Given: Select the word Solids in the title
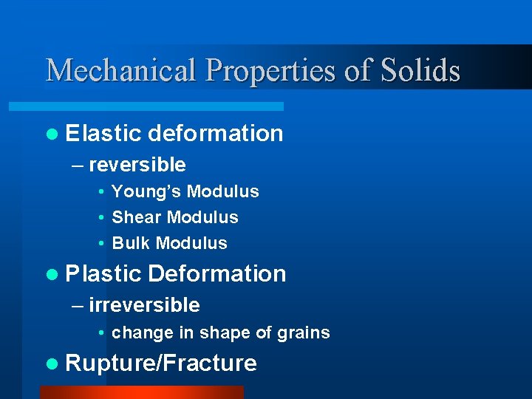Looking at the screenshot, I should click(x=421, y=71).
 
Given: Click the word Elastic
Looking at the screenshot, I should click(x=103, y=133).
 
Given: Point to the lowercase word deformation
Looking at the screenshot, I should click(x=215, y=133).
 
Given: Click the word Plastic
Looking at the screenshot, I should click(x=103, y=273).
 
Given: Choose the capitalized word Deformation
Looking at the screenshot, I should click(x=216, y=273).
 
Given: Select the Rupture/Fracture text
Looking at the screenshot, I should click(x=161, y=364).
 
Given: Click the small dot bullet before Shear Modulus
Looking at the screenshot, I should click(x=100, y=218).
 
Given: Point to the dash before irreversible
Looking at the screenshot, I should click(x=78, y=306).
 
